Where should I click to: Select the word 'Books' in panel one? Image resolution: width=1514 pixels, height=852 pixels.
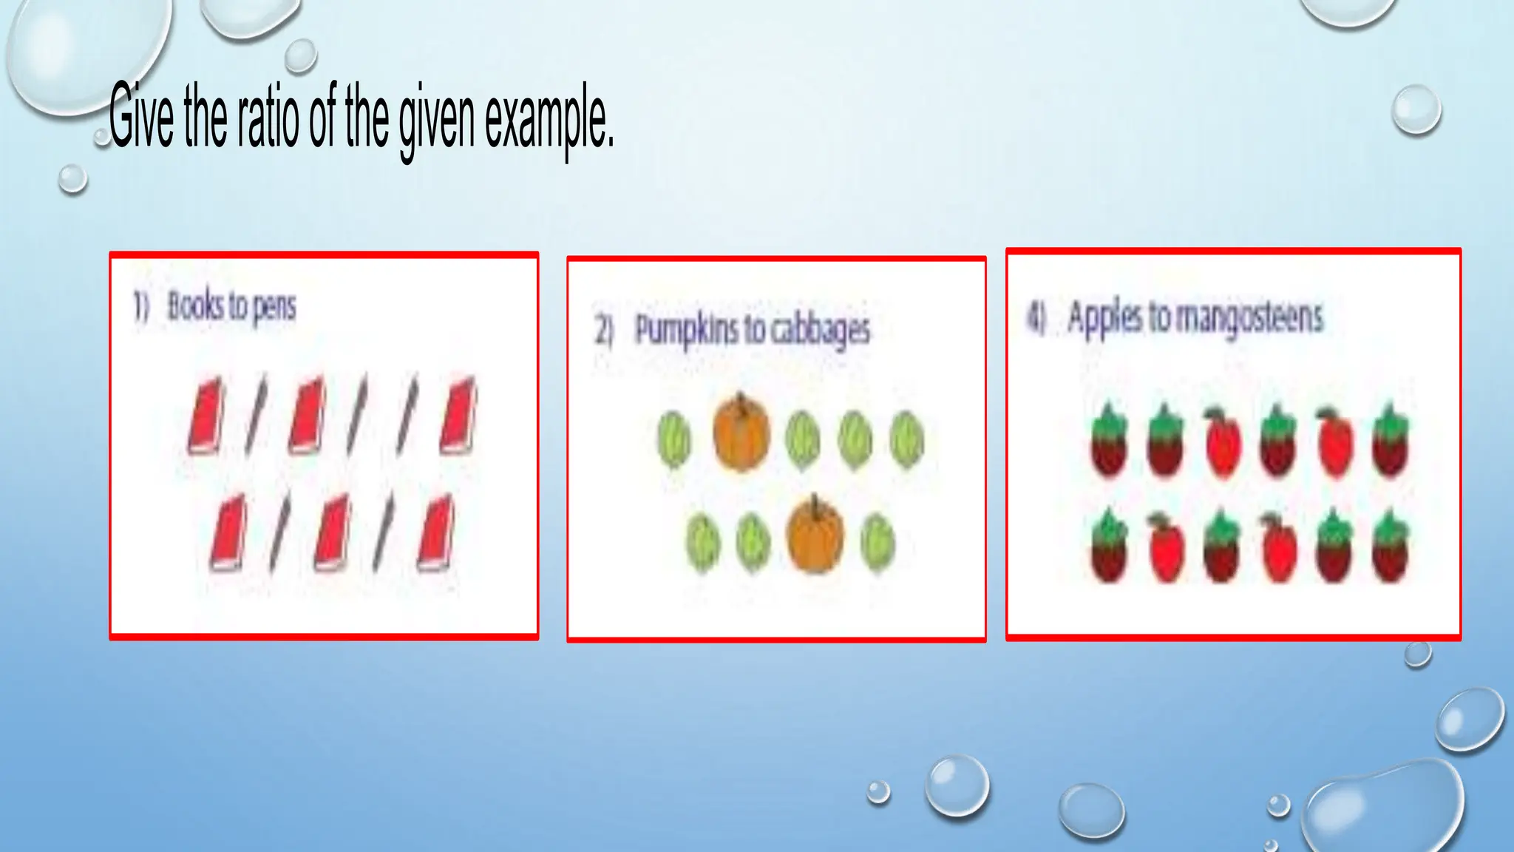[x=195, y=306]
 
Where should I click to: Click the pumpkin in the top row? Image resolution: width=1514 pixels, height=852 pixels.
[x=741, y=433]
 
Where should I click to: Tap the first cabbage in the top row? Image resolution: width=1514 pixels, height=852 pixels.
[x=673, y=439]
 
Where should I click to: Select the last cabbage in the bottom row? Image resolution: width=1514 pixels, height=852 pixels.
[x=877, y=544]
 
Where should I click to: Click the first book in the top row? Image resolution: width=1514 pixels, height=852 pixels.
[x=206, y=416]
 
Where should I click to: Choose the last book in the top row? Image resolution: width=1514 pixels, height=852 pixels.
[x=458, y=416]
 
